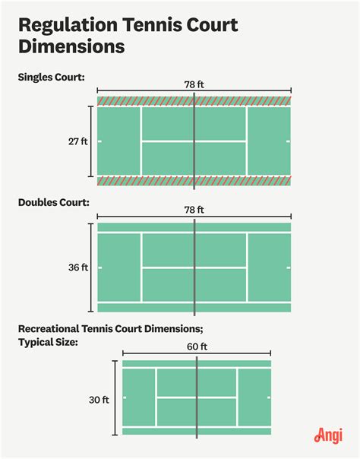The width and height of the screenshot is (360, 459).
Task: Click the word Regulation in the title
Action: click(x=68, y=25)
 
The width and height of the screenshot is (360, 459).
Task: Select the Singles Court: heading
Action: click(x=52, y=78)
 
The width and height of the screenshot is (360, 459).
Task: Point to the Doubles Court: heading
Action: click(x=55, y=203)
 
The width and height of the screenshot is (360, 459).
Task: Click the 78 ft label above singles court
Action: click(x=194, y=84)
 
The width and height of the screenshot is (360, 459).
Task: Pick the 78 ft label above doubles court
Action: click(x=194, y=209)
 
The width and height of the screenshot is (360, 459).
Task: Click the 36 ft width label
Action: click(x=78, y=267)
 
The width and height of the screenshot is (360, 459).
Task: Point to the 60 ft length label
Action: click(x=197, y=346)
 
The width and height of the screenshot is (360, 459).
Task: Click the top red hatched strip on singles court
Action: click(x=144, y=101)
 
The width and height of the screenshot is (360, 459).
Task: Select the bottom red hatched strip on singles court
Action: click(x=144, y=181)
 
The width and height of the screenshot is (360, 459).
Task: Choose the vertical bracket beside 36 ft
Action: click(x=93, y=267)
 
